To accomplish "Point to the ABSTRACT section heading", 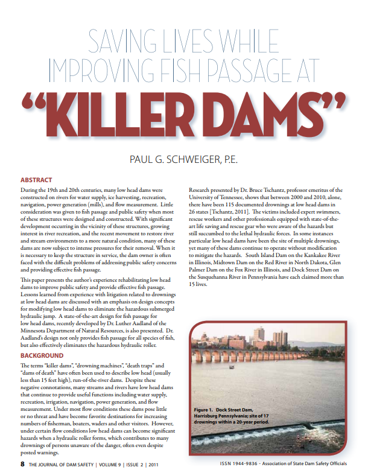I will pyautogui.click(x=36, y=180).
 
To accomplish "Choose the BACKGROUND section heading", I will pyautogui.click(x=42, y=356).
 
